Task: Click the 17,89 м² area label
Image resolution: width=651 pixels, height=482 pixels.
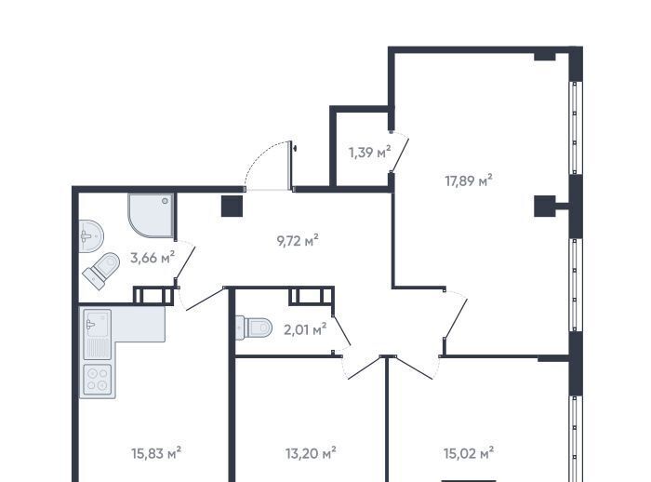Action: point(469,181)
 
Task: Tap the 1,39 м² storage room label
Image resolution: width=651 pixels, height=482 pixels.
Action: point(370,153)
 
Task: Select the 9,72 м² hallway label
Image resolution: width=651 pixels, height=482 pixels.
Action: point(298,241)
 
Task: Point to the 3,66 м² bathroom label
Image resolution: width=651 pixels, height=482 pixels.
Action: point(153,258)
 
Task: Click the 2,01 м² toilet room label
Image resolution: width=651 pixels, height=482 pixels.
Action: point(305,330)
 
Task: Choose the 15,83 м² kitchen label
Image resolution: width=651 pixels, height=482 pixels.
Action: point(156,453)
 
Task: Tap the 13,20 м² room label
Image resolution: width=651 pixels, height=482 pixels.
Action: point(311,453)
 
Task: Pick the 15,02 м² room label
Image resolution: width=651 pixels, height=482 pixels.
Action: point(469,452)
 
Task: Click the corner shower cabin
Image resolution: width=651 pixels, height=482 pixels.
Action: point(151,215)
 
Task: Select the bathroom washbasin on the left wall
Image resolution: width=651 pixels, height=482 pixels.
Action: point(90,236)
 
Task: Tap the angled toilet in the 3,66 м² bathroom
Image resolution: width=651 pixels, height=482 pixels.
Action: point(101,271)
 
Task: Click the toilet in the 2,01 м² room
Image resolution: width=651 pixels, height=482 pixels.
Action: point(254,328)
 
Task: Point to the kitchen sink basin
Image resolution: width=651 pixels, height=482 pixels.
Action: point(98,323)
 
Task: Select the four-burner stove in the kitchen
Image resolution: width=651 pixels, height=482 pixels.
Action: point(98,380)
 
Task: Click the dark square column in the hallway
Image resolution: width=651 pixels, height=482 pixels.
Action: point(232,206)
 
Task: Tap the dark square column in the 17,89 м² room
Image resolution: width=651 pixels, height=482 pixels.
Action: point(545,206)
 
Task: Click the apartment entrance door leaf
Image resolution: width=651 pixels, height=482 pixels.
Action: point(290,166)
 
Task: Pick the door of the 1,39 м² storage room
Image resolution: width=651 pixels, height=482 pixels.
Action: point(400,155)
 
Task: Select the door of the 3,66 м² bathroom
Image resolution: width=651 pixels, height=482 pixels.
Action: point(185,262)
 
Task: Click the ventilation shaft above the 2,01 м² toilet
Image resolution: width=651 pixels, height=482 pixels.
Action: point(312,296)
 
